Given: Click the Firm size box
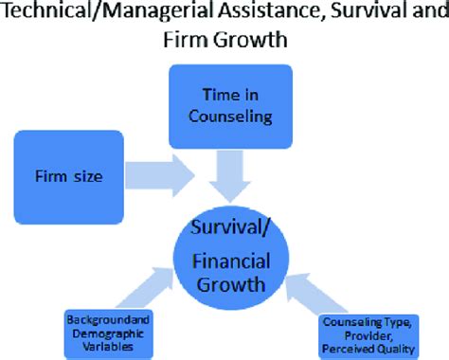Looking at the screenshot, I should (68, 177).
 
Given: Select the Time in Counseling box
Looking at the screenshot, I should (223, 106).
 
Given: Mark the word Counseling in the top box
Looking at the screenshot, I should (224, 117).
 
